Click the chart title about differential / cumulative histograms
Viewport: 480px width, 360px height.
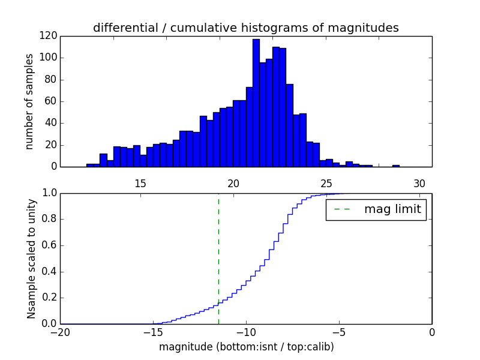tap(245, 28)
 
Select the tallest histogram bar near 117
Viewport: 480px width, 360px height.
tap(256, 103)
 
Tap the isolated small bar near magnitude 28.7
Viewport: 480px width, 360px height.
tap(396, 166)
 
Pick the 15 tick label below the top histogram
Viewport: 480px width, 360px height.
tap(140, 183)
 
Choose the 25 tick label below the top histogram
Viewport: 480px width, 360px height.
tap(326, 183)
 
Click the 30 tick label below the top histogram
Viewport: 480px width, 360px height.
tap(419, 183)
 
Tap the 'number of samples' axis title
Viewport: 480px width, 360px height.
tap(29, 101)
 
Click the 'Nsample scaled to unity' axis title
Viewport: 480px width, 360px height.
tap(31, 258)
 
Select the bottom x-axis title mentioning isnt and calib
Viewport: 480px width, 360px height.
tap(246, 347)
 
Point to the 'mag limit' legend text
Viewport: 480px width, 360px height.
tap(392, 209)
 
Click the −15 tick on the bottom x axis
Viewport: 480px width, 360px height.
tap(153, 332)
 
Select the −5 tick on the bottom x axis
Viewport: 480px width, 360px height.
tap(338, 332)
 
